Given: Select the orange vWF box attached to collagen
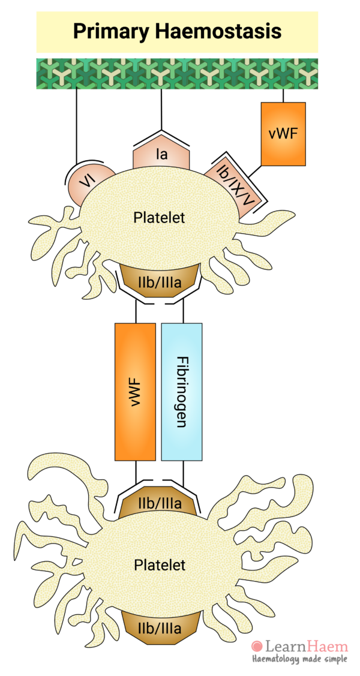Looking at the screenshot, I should point(283,133).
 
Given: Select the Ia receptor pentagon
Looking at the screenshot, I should point(161,155).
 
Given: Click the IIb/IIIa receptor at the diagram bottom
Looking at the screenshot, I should point(159,627).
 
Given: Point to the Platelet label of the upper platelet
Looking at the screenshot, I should point(159,217).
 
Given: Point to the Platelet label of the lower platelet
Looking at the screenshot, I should point(159,564).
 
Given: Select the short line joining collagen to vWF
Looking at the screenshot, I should point(283,95).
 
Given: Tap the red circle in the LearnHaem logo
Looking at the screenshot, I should point(257,647).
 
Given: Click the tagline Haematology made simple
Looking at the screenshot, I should point(299,659).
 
